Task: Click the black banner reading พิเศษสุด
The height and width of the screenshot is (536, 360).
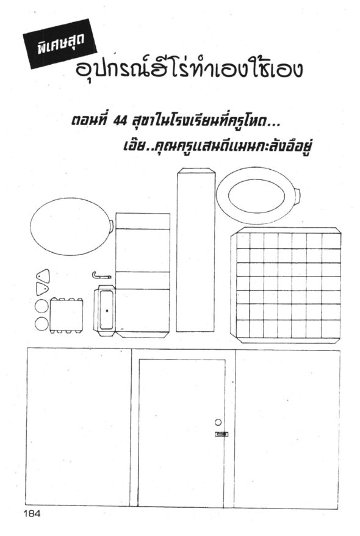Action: tap(60, 44)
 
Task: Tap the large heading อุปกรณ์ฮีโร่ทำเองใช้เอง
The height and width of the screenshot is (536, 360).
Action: tap(189, 68)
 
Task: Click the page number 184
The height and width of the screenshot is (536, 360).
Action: tap(32, 513)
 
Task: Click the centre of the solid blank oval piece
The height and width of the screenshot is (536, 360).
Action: tap(71, 226)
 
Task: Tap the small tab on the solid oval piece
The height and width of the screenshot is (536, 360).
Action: tap(111, 226)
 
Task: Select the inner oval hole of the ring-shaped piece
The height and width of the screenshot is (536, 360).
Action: tap(256, 195)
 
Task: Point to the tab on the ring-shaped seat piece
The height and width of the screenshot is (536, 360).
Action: tap(298, 196)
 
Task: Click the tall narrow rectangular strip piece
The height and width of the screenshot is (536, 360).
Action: tap(195, 250)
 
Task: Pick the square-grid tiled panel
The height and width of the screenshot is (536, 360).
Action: tap(286, 285)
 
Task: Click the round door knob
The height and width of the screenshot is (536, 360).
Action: tap(218, 422)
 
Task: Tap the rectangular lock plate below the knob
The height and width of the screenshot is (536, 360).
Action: tap(221, 434)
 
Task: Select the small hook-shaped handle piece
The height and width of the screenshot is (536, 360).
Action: tap(101, 275)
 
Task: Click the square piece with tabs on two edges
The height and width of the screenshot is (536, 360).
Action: tap(67, 315)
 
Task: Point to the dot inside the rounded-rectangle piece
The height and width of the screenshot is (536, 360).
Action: tap(107, 310)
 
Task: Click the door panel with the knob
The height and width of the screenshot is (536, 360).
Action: tap(182, 432)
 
